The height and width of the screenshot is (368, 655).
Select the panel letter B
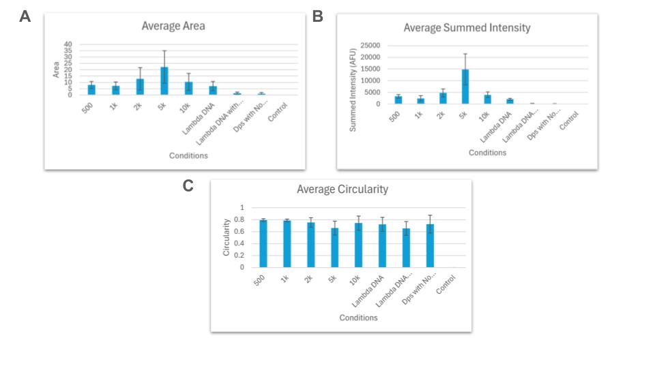(x=317, y=16)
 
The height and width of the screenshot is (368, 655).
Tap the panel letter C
(x=188, y=185)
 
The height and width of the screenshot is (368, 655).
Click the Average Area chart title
(x=173, y=26)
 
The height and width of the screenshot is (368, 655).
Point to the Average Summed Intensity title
(x=467, y=28)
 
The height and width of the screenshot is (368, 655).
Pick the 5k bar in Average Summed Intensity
(x=465, y=87)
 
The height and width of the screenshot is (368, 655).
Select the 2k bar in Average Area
(x=140, y=87)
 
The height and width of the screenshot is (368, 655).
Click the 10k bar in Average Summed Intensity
(x=488, y=99)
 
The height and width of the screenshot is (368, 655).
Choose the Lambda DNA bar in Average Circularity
(x=383, y=246)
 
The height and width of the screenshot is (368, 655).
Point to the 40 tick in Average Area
(x=68, y=44)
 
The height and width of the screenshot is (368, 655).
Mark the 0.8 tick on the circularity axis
(x=239, y=219)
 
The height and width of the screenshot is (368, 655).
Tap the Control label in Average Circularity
(x=446, y=282)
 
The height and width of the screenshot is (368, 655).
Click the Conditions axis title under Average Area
(x=188, y=155)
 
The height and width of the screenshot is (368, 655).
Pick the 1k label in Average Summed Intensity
(x=419, y=116)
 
